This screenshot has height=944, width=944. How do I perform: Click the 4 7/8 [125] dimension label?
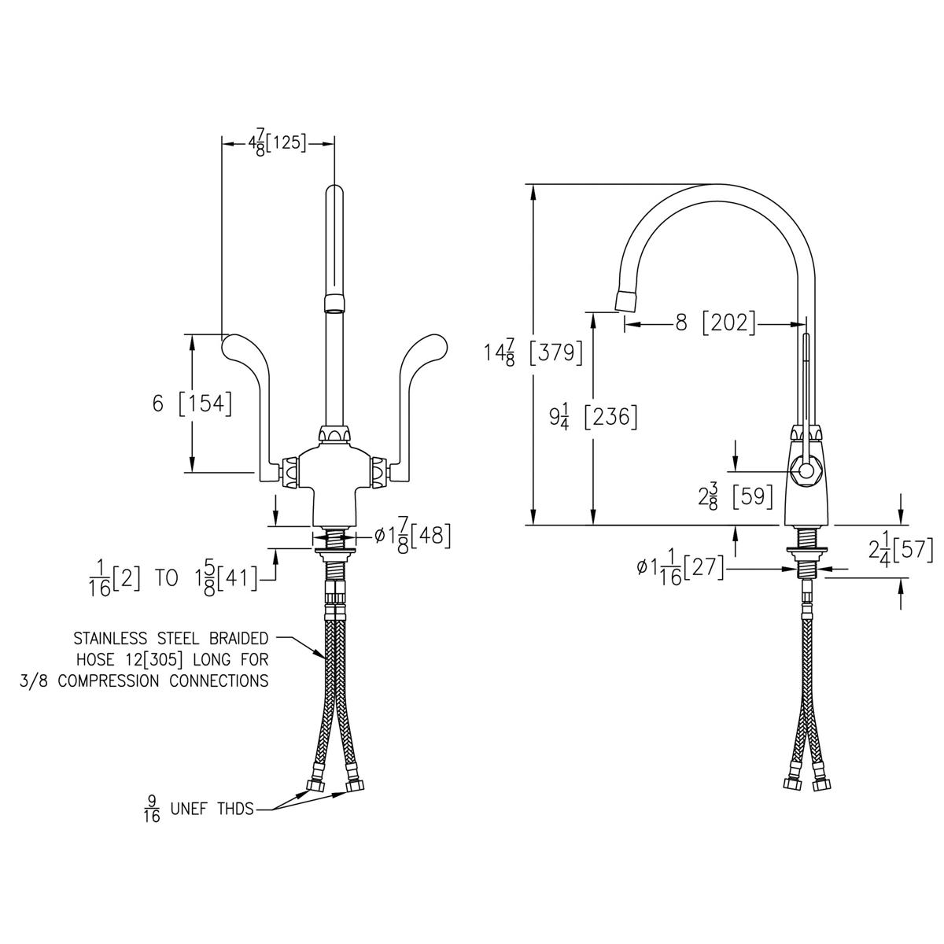tap(277, 144)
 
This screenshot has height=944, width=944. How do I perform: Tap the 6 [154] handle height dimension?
tap(191, 404)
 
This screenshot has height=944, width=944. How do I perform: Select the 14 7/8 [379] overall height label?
tap(534, 353)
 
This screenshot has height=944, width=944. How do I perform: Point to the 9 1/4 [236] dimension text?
tap(593, 418)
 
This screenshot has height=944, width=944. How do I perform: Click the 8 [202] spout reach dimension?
tap(715, 323)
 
